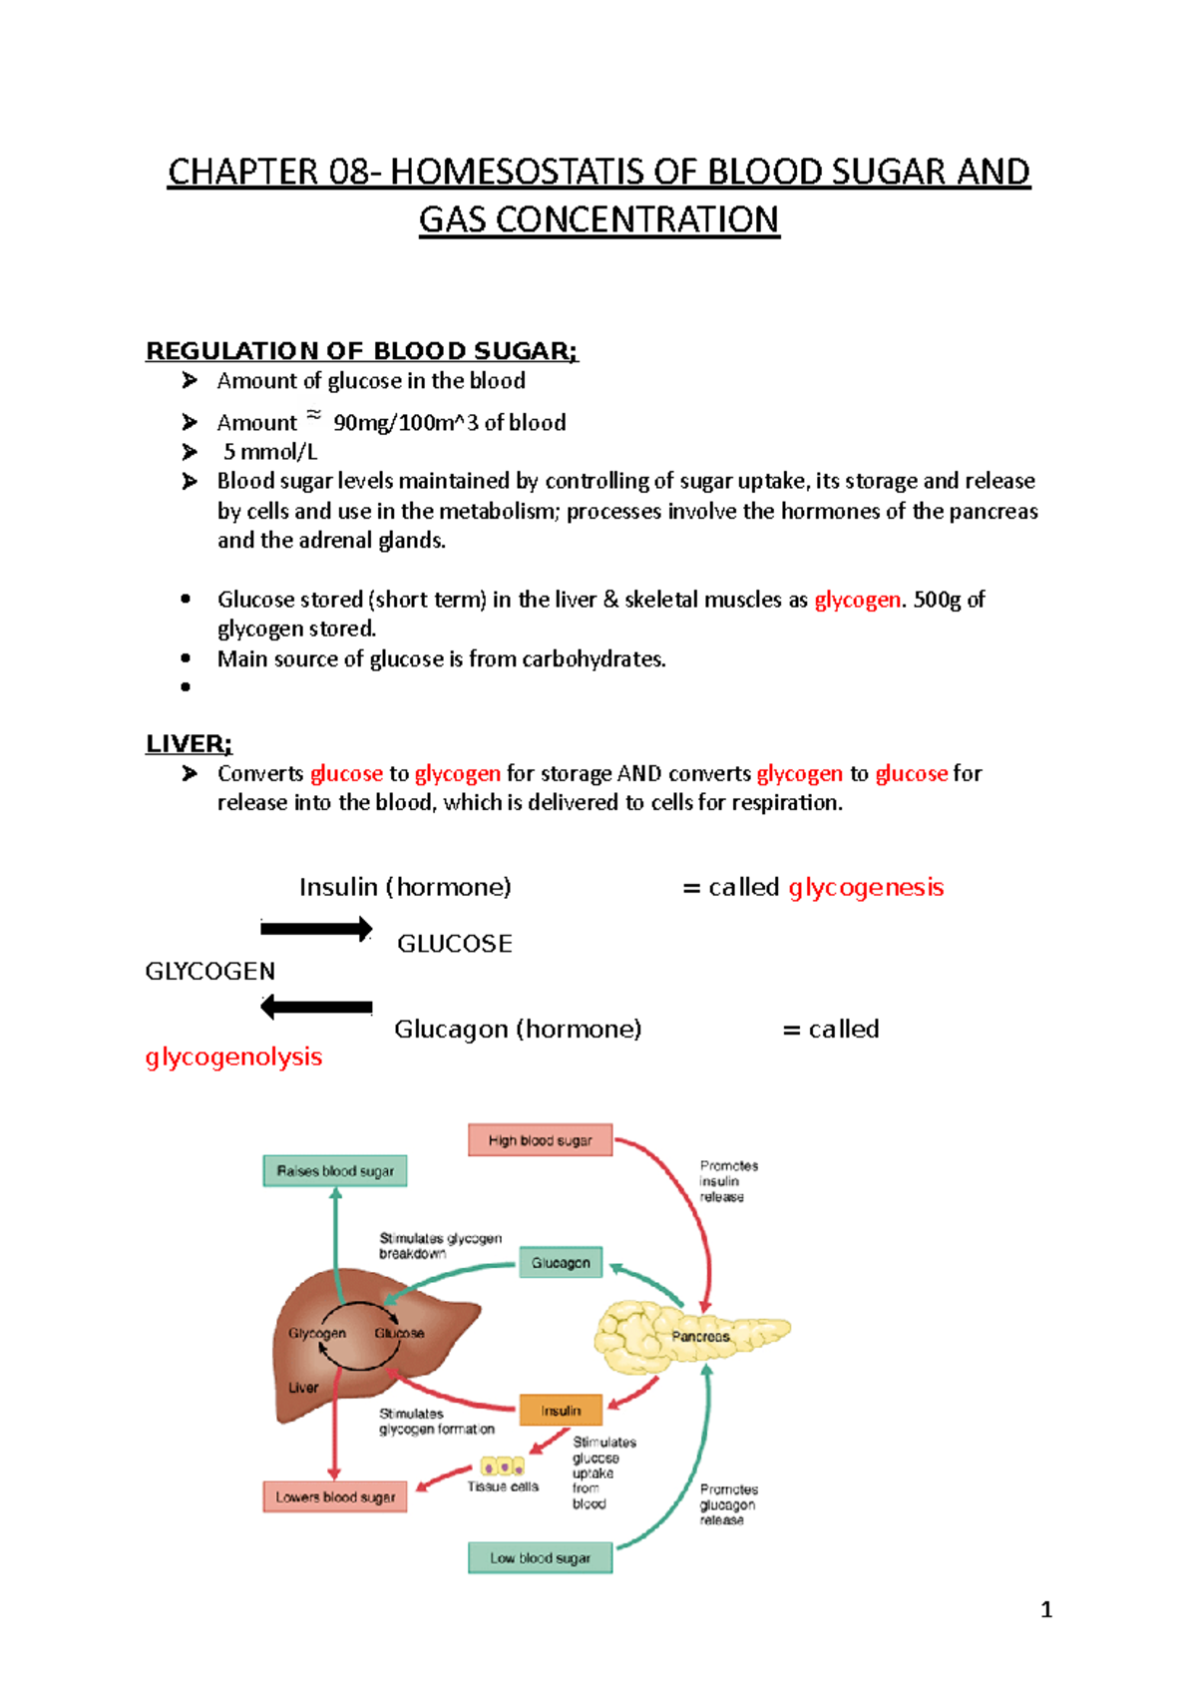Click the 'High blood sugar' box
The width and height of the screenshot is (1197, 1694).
pos(540,1140)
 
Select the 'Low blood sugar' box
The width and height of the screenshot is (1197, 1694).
pos(540,1557)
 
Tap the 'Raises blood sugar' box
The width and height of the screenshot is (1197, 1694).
pos(335,1171)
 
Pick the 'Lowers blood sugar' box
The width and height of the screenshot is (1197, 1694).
pos(335,1497)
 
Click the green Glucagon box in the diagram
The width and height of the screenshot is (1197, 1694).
pos(561,1263)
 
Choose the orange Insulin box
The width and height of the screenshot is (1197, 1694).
pos(561,1411)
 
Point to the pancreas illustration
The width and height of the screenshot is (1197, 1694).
pos(688,1335)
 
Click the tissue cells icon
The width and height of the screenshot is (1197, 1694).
pos(503,1467)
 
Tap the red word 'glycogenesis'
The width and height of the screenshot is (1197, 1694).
pos(866,887)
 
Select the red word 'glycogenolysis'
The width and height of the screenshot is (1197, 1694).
pos(233,1057)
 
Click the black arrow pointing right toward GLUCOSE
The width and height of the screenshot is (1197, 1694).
pos(316,929)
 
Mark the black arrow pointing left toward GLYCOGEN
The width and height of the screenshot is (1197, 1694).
pos(316,1008)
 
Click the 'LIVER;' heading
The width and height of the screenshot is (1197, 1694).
pos(189,744)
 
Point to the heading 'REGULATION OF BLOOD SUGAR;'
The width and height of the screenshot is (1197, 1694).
pos(361,351)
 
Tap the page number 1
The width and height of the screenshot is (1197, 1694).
pos(1046,1609)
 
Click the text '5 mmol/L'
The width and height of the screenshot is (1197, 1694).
pos(270,452)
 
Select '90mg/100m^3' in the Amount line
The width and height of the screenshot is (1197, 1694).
pos(406,423)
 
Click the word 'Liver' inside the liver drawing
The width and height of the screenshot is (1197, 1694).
pos(303,1388)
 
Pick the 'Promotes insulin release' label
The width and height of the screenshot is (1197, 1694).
pos(728,1181)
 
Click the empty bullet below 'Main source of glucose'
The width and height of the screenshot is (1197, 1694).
pos(186,686)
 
